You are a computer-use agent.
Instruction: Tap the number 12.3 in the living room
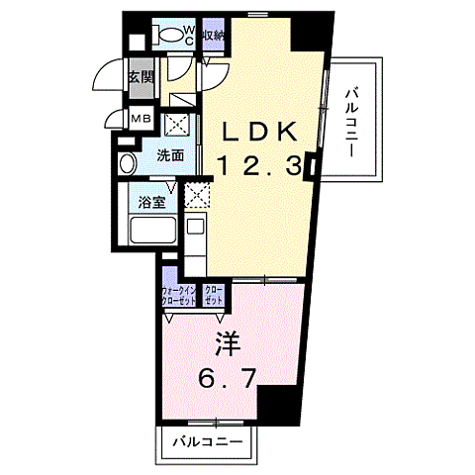pos(258,168)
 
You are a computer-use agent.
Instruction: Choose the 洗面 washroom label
pos(171,155)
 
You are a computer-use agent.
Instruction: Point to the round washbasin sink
pos(126,164)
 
